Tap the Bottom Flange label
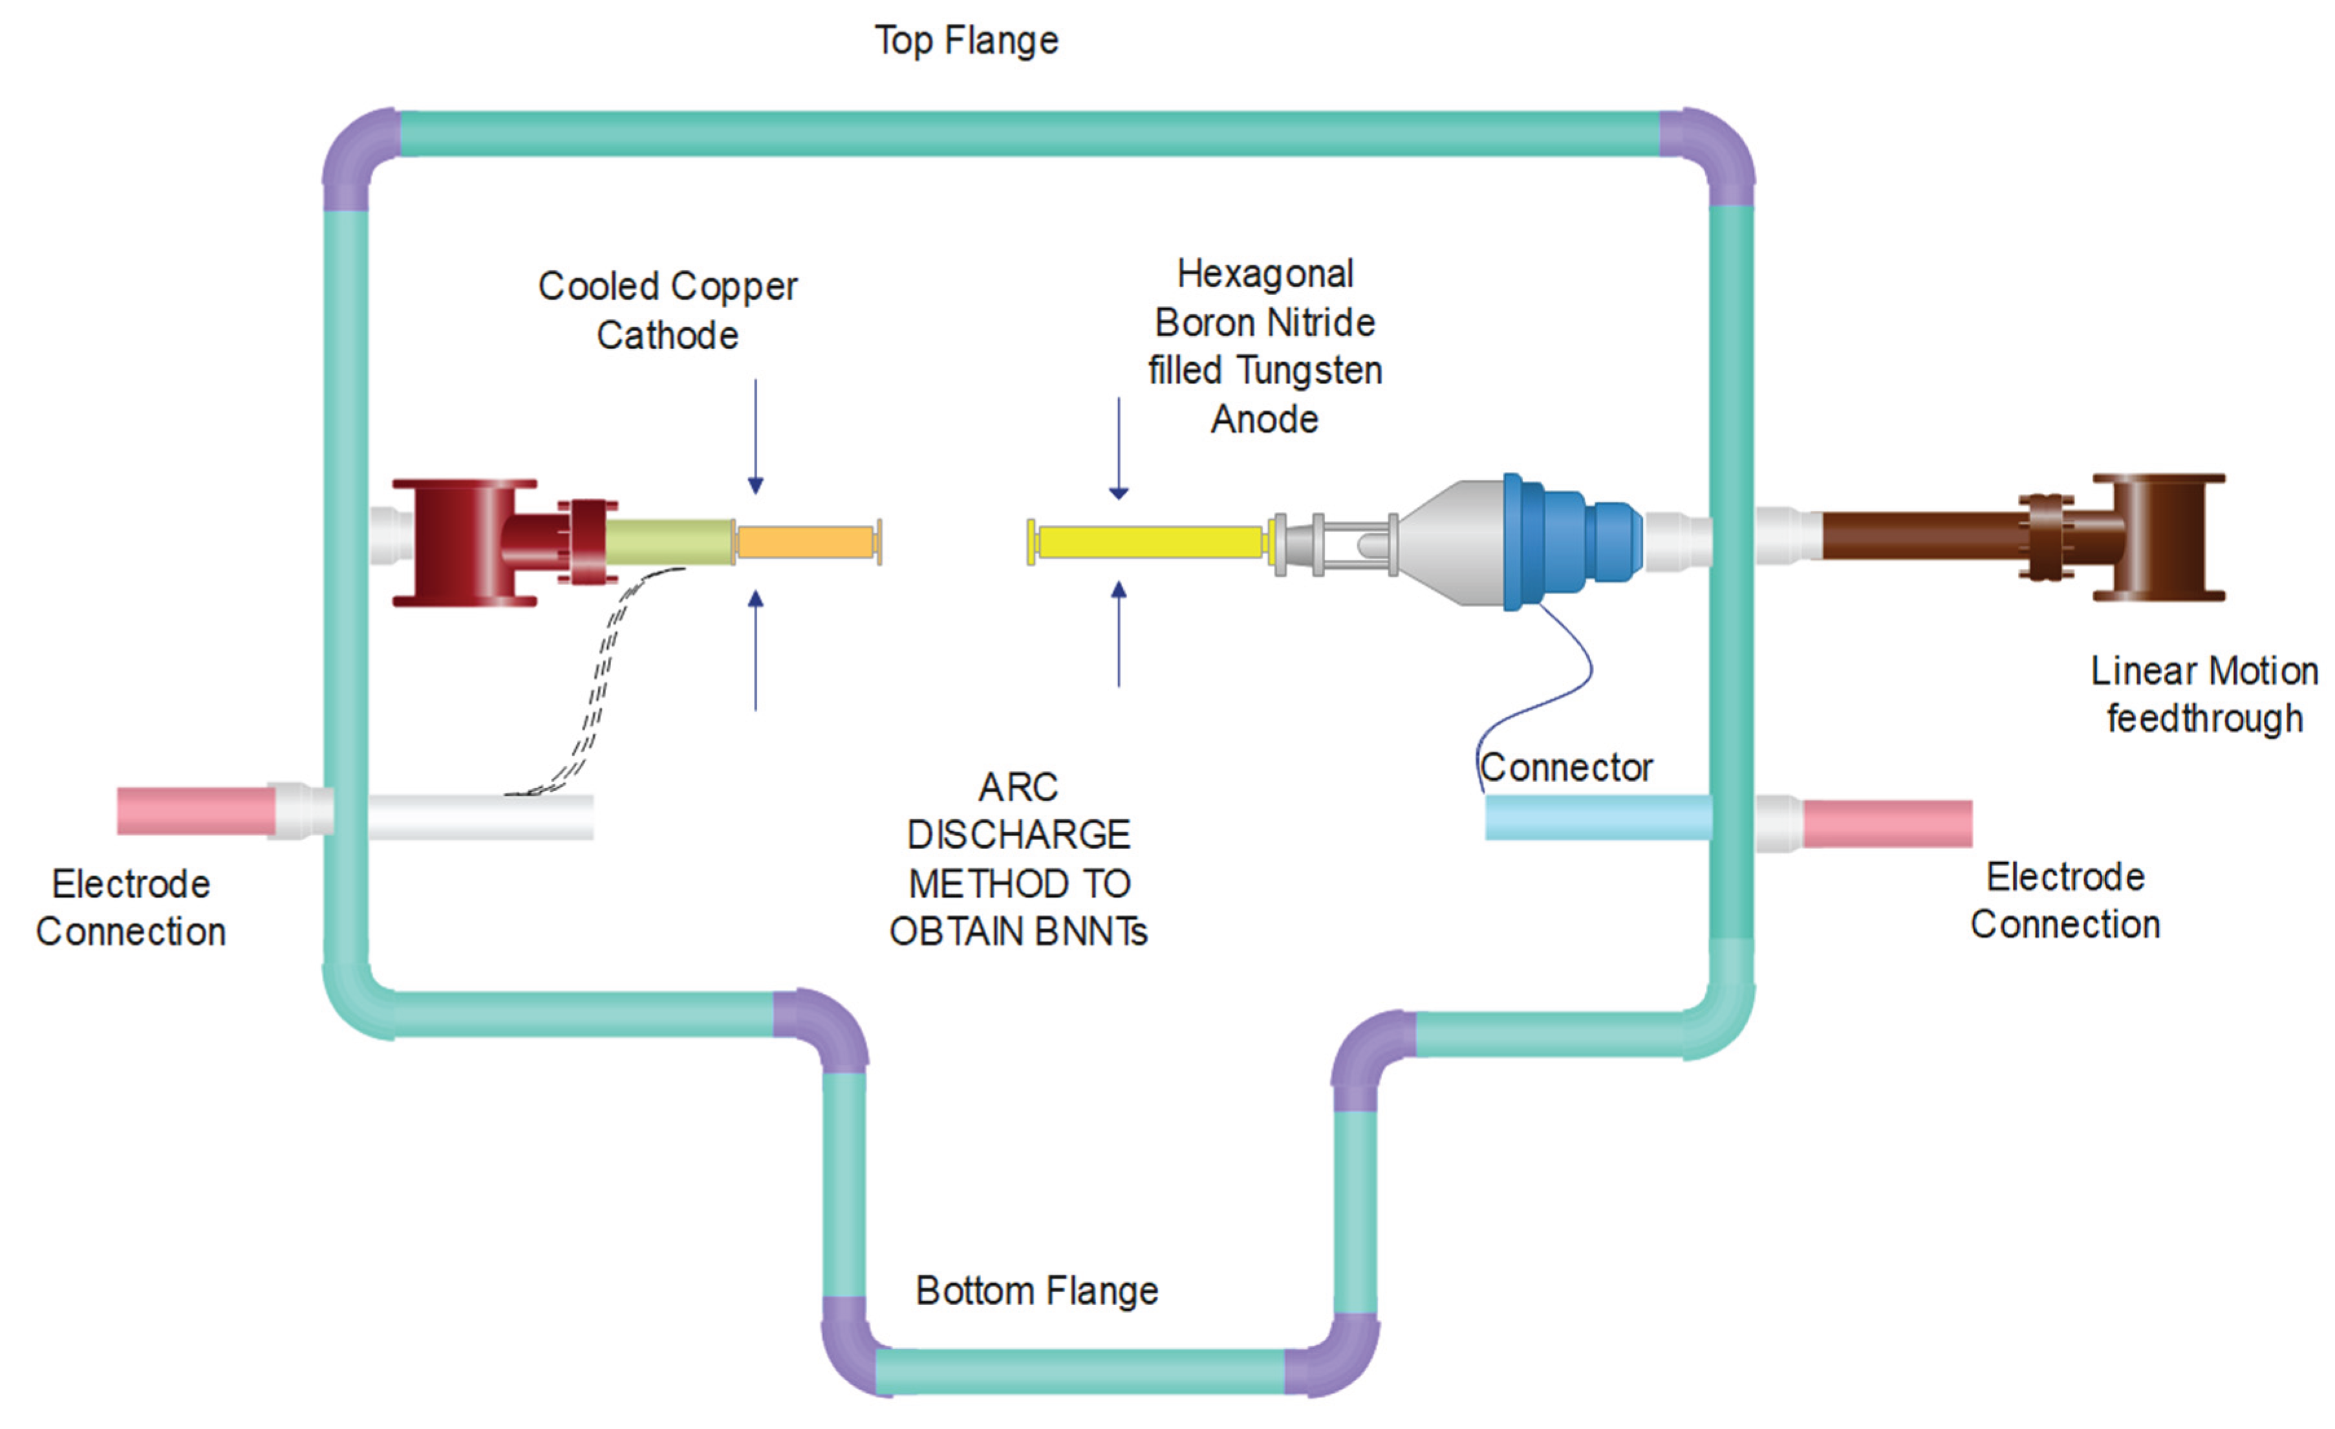point(1037,1291)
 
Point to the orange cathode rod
point(808,542)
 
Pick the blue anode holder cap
point(1570,541)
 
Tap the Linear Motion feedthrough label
point(2204,694)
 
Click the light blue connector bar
point(1598,817)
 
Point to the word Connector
point(1566,768)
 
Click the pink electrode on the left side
point(196,811)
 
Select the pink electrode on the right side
point(1887,824)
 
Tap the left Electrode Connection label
point(131,908)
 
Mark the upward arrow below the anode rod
point(1119,634)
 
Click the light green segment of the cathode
point(670,542)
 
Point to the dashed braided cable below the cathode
point(595,680)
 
